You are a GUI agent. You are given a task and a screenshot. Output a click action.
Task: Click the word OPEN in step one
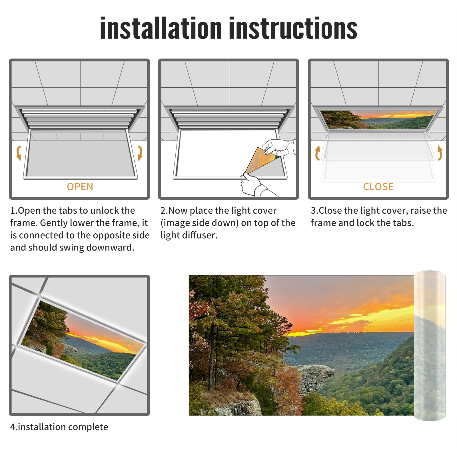coord(80,187)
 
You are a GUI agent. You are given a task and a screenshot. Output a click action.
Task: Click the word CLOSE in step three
coord(378,187)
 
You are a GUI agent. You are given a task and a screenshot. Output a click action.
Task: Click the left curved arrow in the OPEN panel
coord(18,153)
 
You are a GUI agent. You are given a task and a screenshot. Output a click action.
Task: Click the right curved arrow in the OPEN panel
coord(140,153)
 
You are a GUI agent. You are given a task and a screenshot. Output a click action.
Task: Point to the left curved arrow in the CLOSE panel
coord(317,153)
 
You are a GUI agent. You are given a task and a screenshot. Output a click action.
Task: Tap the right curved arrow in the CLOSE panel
coord(440,153)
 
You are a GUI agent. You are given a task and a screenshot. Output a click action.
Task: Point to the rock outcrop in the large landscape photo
coord(314,377)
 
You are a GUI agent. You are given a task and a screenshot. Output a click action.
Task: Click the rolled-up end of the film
coord(430,346)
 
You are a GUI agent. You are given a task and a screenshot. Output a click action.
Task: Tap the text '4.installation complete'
coord(59,427)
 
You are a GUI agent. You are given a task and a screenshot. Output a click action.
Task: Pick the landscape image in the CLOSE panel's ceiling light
coord(378,120)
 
